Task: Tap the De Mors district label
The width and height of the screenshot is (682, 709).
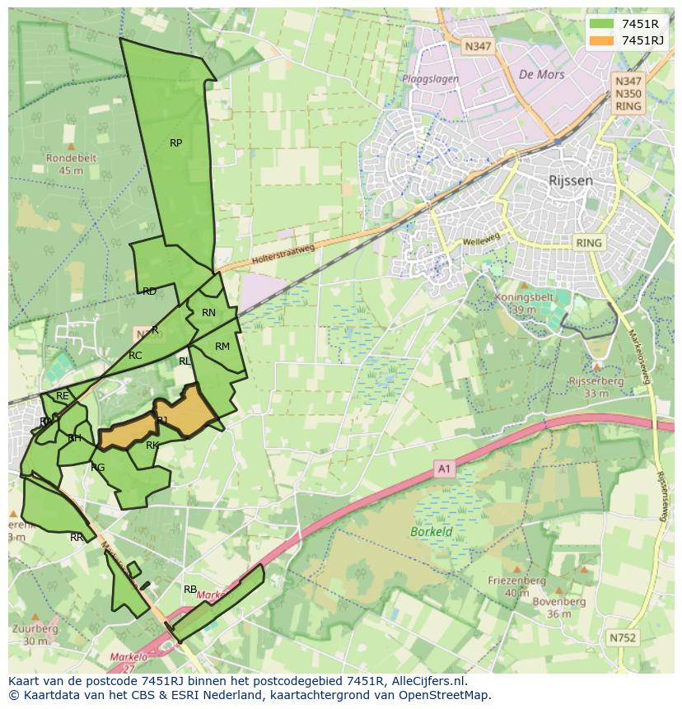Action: point(541,74)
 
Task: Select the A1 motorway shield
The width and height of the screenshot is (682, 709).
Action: point(445,469)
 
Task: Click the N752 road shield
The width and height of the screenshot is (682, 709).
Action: point(623,637)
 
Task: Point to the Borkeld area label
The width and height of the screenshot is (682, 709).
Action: point(432,532)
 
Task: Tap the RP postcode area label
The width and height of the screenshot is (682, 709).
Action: point(175,143)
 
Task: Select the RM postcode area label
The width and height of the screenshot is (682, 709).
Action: point(222,347)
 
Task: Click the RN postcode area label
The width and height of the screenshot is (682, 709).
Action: point(208,313)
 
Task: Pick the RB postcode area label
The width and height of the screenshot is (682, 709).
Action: point(190,590)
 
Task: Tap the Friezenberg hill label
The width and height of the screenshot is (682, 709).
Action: point(516,581)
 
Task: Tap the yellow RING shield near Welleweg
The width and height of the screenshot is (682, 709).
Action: point(589,243)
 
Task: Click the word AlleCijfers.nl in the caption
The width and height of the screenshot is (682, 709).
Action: point(427,681)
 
